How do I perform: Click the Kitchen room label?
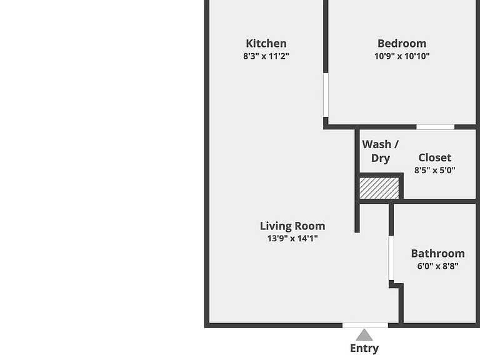[x=266, y=44]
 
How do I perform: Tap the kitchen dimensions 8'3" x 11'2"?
[x=266, y=56]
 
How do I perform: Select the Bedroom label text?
[x=402, y=44]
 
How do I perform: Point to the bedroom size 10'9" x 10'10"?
[x=402, y=56]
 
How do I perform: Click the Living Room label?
[x=292, y=226]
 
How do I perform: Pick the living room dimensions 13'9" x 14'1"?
[x=292, y=238]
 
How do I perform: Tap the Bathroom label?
[x=437, y=254]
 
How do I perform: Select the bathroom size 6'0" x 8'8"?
[x=437, y=266]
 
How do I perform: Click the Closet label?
[x=435, y=157]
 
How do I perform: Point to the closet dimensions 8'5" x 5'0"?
[x=435, y=170]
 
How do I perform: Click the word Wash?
[x=376, y=144]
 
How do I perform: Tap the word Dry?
[x=381, y=158]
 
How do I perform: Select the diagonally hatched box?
[x=379, y=188]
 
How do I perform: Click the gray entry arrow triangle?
[x=364, y=335]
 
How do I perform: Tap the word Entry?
[x=364, y=348]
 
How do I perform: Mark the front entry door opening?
[x=365, y=325]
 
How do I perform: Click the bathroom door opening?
[x=391, y=257]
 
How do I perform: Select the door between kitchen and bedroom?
[x=326, y=95]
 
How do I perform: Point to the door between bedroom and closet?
[x=435, y=127]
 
